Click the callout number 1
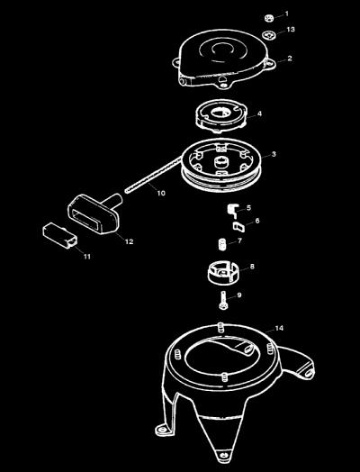(x=286, y=14)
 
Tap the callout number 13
(x=291, y=30)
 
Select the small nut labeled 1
(x=269, y=18)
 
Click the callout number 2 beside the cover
(x=290, y=58)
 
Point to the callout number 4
(x=259, y=113)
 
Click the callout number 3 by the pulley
(x=274, y=154)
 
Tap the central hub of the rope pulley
(x=222, y=163)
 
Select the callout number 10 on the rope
(x=161, y=193)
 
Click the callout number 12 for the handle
(x=129, y=241)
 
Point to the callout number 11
(x=87, y=257)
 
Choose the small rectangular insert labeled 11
(x=59, y=235)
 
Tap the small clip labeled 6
(x=238, y=226)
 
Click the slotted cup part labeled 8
(x=222, y=273)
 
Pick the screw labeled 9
(x=222, y=300)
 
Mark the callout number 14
(x=279, y=328)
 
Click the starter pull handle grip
(x=94, y=214)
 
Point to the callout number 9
(x=239, y=295)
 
